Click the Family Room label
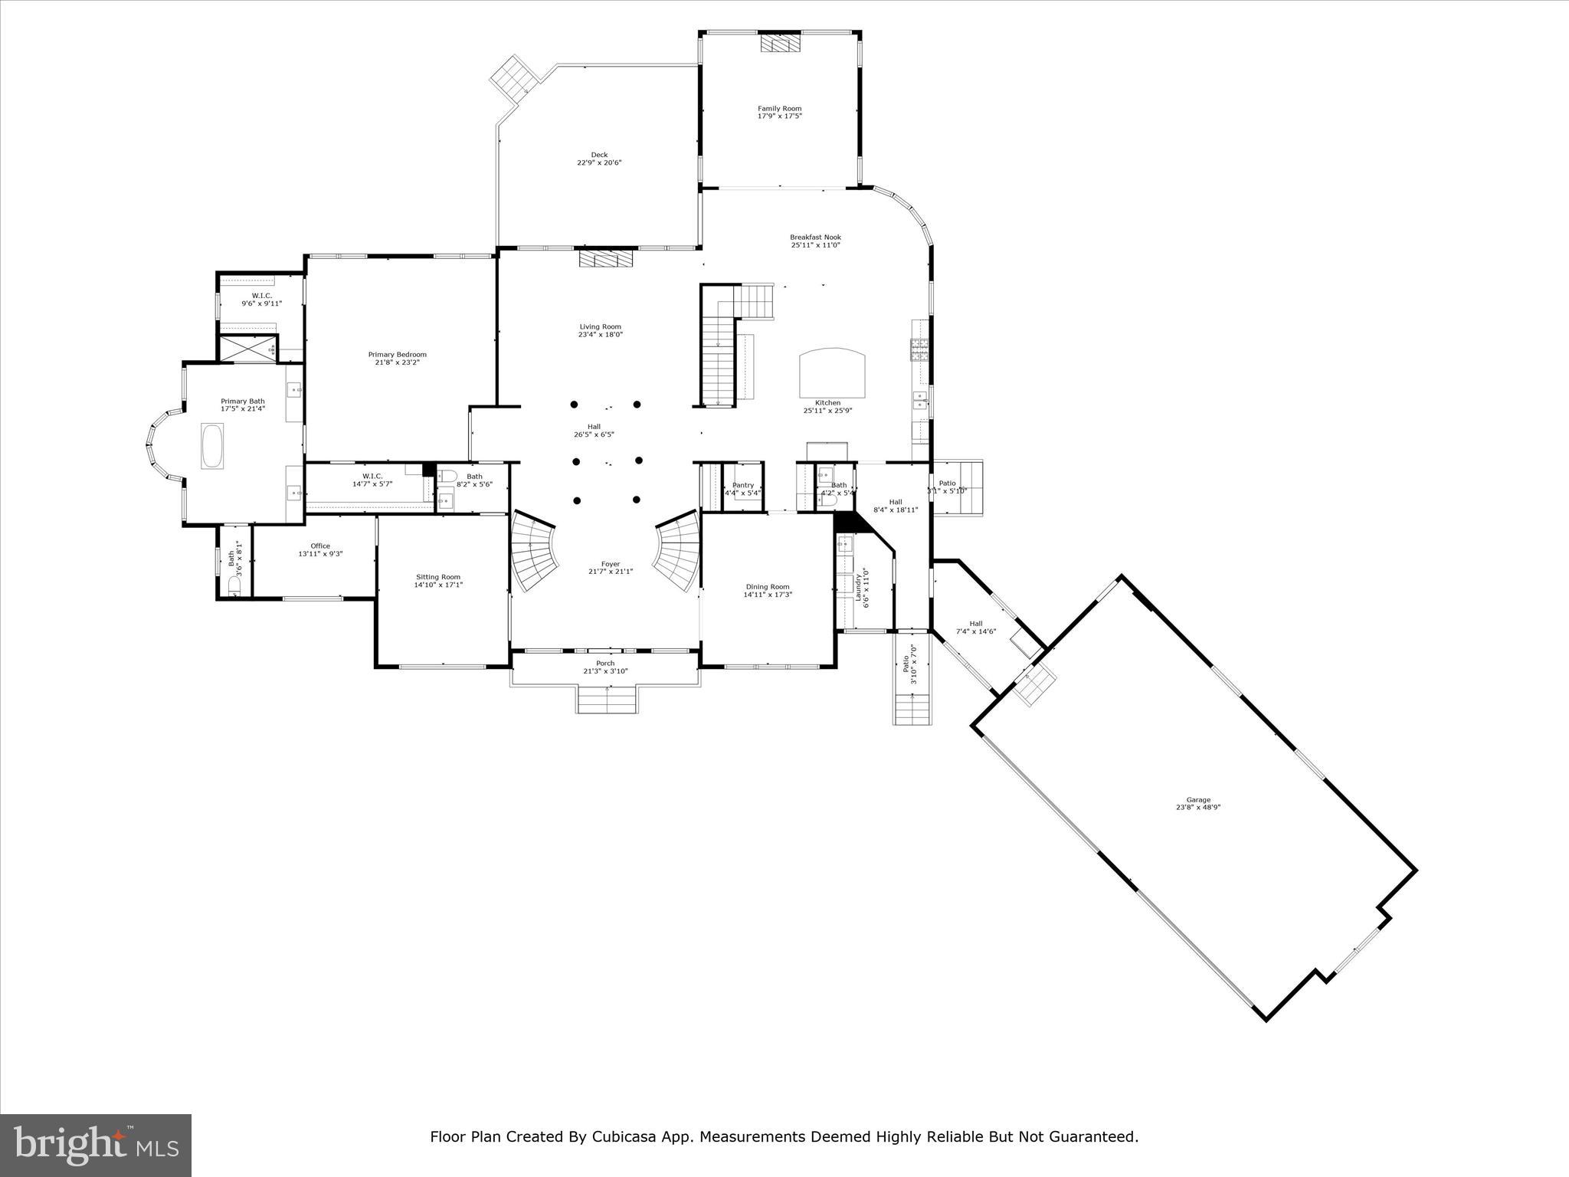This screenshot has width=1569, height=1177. (x=779, y=109)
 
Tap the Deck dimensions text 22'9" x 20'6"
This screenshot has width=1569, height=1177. (x=599, y=162)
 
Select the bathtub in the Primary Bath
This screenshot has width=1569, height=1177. (x=212, y=445)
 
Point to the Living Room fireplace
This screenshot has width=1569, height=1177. (x=607, y=259)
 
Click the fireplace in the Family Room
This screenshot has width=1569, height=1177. (x=780, y=44)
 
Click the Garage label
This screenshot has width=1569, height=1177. (x=1198, y=800)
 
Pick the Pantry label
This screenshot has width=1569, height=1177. (x=742, y=485)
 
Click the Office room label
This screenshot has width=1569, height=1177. (x=320, y=546)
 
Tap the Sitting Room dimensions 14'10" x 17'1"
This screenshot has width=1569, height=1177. (x=438, y=585)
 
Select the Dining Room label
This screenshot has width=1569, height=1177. (x=767, y=587)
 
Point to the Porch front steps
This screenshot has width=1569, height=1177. (x=607, y=700)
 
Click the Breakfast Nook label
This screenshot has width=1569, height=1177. (x=815, y=238)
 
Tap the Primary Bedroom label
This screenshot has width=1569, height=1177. (x=397, y=355)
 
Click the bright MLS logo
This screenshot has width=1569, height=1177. (x=96, y=1145)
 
